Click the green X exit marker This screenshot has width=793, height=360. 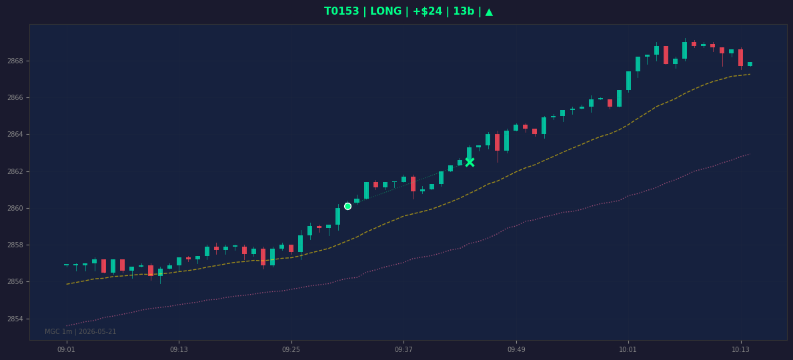(470, 162)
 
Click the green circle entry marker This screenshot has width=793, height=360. (347, 206)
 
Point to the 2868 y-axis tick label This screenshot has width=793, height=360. (15, 61)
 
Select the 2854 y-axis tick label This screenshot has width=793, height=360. (15, 319)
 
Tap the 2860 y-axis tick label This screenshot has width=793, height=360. (15, 208)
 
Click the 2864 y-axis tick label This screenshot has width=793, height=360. (15, 135)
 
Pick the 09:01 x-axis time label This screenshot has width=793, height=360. (66, 350)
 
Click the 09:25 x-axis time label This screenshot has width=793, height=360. (291, 350)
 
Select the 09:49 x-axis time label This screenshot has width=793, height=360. (516, 350)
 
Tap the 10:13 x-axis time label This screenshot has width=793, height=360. (741, 350)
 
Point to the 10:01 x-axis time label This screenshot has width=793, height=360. (628, 350)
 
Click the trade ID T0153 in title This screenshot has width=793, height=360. (341, 11)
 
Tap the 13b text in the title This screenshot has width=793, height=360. (464, 11)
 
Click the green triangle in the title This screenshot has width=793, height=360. (489, 11)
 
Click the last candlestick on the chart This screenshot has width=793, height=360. (750, 64)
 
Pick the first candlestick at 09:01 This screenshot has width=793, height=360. (66, 265)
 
